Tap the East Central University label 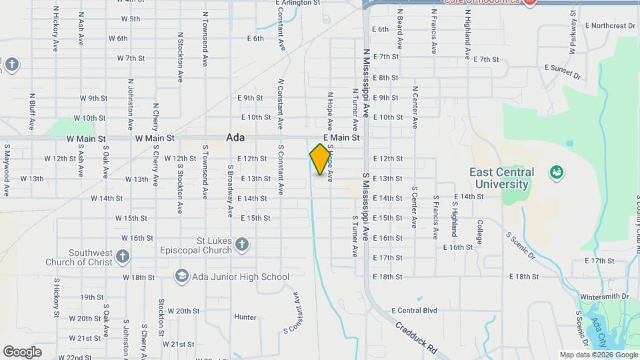[x=502, y=178]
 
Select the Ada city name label [x=235, y=137]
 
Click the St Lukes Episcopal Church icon [x=242, y=245]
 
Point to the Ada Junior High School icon [x=181, y=277]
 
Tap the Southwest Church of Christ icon [x=122, y=256]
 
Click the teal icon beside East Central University [x=555, y=173]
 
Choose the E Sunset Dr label [x=562, y=72]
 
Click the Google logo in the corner [x=22, y=352]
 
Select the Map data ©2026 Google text [x=597, y=355]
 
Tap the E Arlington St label [x=298, y=3]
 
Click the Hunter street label [x=245, y=317]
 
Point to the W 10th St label [x=89, y=118]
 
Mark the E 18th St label [x=523, y=276]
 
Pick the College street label [x=479, y=233]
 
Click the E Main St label [x=341, y=137]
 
